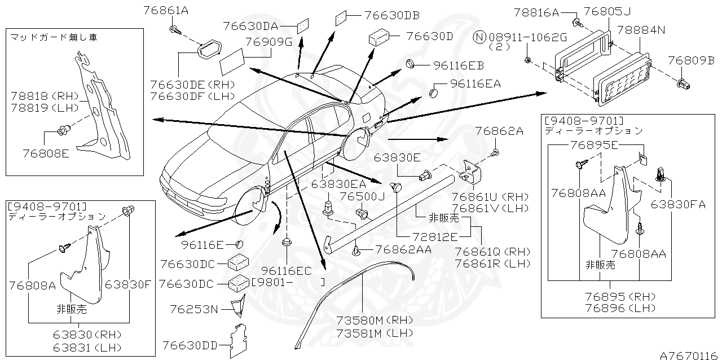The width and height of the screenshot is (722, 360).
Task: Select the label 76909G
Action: pos(268,42)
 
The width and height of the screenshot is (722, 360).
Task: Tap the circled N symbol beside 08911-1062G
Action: pos(479,37)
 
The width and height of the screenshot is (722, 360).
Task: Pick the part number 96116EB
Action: pos(459,65)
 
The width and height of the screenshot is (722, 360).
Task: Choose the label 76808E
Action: pos(46,152)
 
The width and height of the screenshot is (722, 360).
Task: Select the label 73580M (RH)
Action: pos(375,321)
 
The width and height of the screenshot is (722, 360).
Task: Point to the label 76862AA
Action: pos(403,249)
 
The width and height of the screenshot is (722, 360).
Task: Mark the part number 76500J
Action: pos(362,196)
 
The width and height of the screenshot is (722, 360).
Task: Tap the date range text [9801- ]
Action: pos(288,281)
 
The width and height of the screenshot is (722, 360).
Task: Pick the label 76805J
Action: pos(606,11)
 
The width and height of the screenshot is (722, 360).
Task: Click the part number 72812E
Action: pos(436,238)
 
